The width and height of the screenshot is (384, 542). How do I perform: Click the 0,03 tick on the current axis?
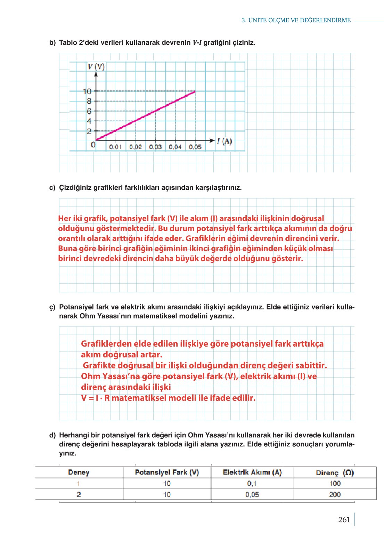click(x=155, y=147)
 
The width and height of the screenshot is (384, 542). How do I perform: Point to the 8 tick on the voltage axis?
click(x=89, y=101)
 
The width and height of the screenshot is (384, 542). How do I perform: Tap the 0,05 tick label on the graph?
click(x=195, y=147)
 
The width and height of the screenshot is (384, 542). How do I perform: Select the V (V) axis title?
click(x=96, y=67)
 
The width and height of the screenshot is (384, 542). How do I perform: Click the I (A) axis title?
click(x=224, y=141)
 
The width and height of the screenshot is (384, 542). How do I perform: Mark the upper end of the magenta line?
click(x=195, y=91)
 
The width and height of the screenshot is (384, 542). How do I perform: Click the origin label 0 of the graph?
click(x=93, y=145)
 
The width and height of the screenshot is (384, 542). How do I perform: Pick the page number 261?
click(x=344, y=520)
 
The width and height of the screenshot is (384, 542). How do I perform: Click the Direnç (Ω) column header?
click(x=335, y=473)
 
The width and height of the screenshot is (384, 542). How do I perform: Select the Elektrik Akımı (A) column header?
click(x=252, y=472)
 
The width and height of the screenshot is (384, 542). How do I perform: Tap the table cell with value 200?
click(x=335, y=494)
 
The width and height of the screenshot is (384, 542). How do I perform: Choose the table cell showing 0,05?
click(x=252, y=494)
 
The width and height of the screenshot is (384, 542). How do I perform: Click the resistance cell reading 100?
click(x=335, y=483)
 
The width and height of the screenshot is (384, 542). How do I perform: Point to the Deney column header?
click(x=79, y=472)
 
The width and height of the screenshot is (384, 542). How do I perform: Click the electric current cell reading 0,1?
click(x=252, y=483)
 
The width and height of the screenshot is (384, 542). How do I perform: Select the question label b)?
click(x=52, y=43)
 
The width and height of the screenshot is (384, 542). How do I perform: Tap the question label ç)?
click(x=52, y=307)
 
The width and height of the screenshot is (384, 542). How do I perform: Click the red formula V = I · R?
click(x=95, y=398)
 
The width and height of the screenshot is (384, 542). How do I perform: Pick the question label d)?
click(x=52, y=435)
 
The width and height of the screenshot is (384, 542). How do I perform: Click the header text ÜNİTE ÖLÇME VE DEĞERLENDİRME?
click(x=299, y=21)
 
